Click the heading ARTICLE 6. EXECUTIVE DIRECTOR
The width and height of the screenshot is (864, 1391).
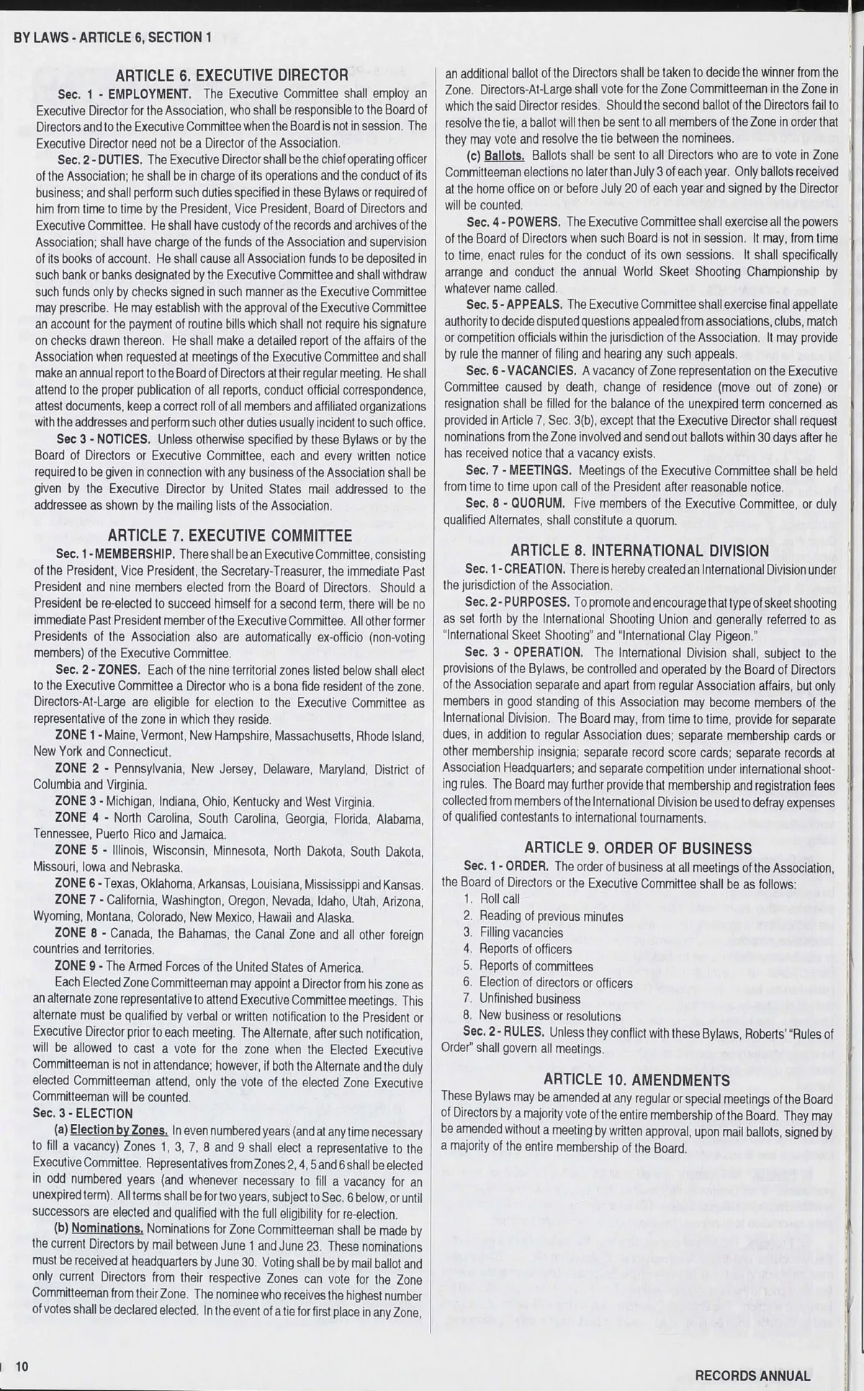pyautogui.click(x=231, y=75)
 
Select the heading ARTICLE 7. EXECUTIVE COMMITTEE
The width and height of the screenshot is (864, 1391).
pyautogui.click(x=230, y=535)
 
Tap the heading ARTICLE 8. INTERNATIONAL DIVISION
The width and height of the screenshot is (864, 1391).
pyautogui.click(x=640, y=551)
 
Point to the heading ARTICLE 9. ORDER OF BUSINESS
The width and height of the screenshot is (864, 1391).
pyautogui.click(x=638, y=847)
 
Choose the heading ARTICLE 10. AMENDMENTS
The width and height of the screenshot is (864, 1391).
pyautogui.click(x=636, y=1079)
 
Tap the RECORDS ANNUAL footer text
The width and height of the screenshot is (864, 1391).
pyautogui.click(x=752, y=1375)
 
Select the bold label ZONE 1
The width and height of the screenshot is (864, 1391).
pyautogui.click(x=78, y=736)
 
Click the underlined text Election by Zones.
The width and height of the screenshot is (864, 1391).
pyautogui.click(x=119, y=1130)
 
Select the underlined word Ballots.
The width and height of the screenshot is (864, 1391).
pyautogui.click(x=504, y=155)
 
